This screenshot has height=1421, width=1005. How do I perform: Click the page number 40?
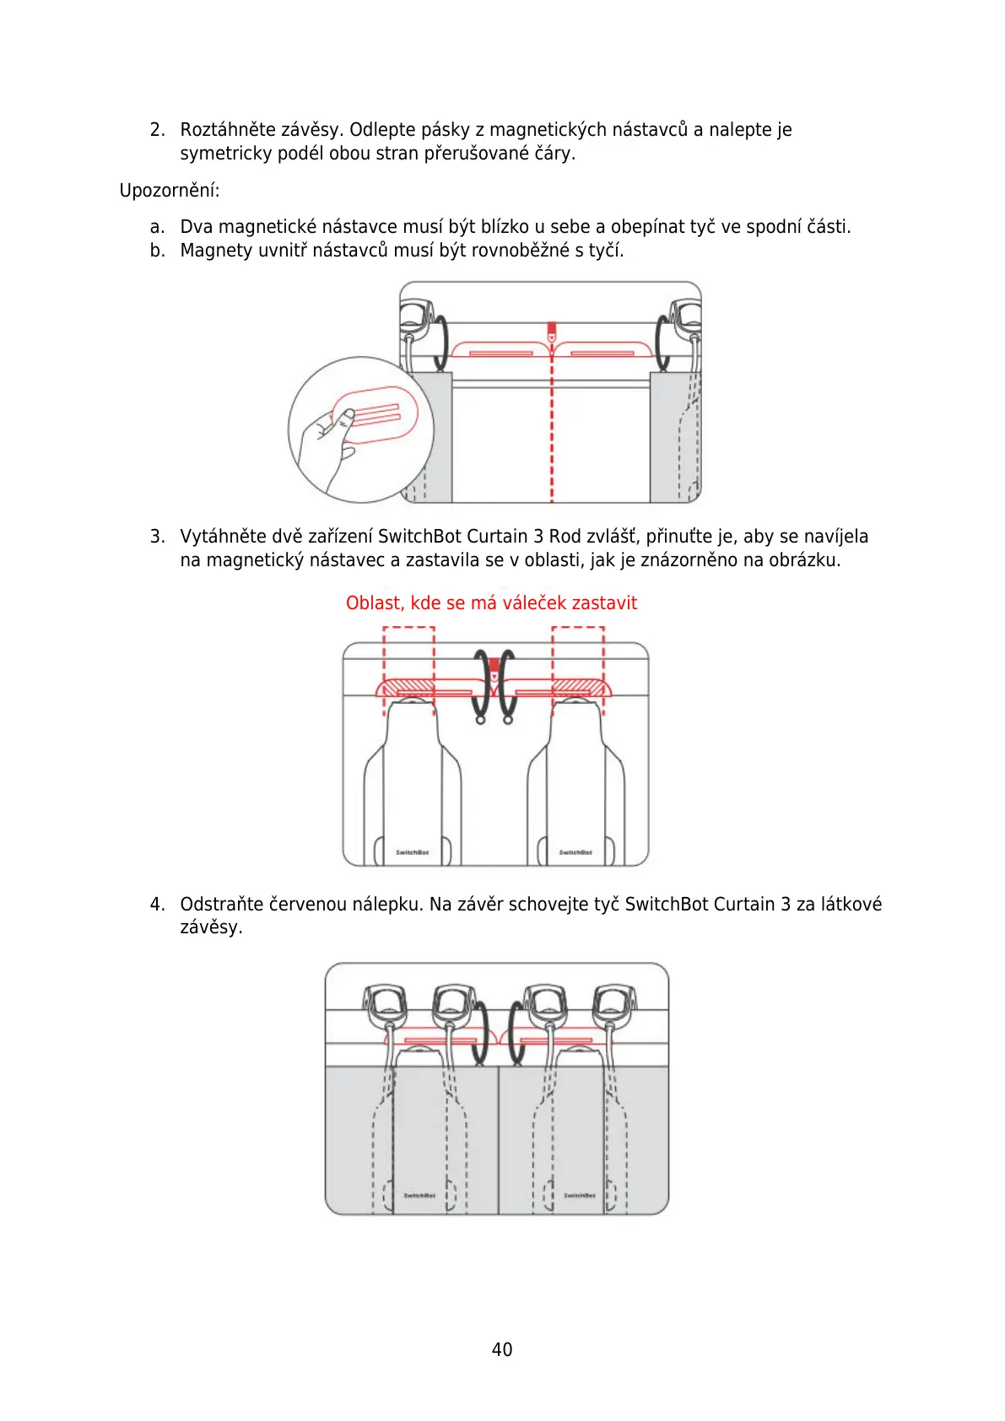(x=501, y=1349)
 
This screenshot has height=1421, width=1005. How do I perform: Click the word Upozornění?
(x=169, y=191)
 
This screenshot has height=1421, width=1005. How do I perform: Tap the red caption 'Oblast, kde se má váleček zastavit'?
(x=491, y=603)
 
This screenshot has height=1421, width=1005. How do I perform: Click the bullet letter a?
(x=156, y=227)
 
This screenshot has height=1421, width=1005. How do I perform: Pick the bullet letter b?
(x=156, y=251)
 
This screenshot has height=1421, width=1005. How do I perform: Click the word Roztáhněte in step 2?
(x=227, y=130)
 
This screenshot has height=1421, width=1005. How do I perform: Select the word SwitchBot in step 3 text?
(x=419, y=537)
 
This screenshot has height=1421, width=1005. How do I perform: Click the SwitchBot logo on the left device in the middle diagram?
(x=412, y=852)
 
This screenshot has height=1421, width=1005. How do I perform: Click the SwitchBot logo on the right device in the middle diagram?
(x=575, y=852)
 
